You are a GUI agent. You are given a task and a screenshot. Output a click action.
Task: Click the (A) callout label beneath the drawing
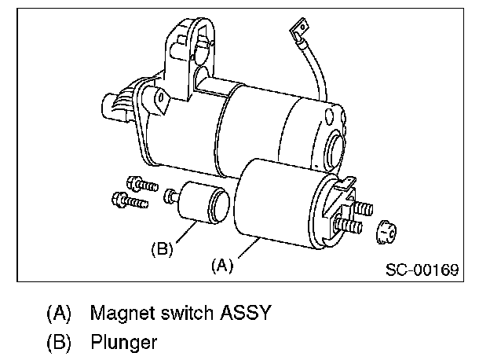click(x=222, y=266)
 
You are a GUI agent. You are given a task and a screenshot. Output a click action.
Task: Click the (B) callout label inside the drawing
click(x=161, y=250)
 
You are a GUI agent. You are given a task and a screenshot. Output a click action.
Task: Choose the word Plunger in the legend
click(x=123, y=342)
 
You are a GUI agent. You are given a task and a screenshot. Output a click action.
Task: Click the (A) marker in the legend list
click(x=60, y=313)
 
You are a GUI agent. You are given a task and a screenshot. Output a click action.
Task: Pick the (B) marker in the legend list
click(x=60, y=342)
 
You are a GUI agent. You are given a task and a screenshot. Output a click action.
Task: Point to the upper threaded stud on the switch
click(x=362, y=210)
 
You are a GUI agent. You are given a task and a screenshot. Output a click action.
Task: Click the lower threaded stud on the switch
click(x=351, y=226)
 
